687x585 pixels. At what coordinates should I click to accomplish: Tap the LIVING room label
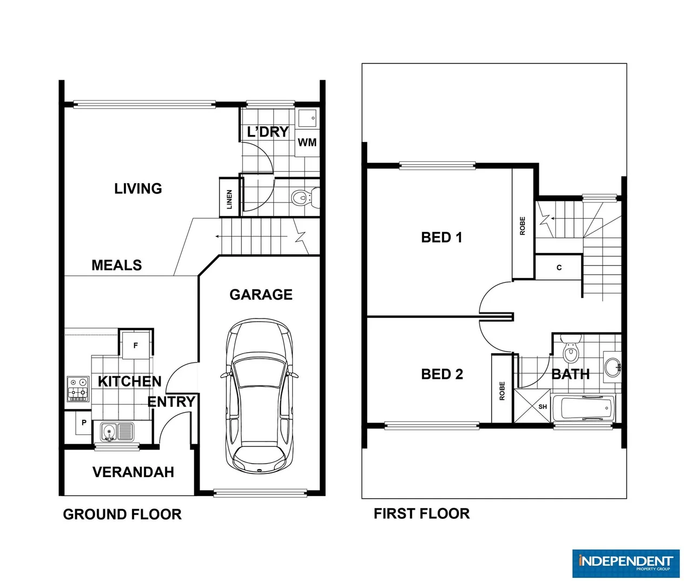click(138, 188)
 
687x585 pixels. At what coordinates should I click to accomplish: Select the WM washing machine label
click(307, 142)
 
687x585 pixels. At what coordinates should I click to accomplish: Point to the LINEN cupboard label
click(229, 199)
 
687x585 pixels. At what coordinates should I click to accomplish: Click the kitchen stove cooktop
click(77, 389)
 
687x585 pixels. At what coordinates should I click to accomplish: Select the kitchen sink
click(116, 432)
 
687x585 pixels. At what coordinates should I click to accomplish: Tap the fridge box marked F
click(136, 345)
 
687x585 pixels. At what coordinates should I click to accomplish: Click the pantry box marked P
click(84, 422)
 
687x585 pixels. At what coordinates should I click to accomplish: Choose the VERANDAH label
click(133, 472)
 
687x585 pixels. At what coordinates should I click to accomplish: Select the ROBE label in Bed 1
click(523, 225)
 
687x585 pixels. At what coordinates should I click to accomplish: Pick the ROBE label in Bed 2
click(502, 391)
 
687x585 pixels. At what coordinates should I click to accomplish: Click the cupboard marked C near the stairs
click(559, 268)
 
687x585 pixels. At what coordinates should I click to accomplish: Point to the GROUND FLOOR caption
click(122, 515)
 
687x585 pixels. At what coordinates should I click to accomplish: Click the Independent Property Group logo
click(625, 563)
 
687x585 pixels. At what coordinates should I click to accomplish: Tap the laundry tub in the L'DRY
click(308, 118)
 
